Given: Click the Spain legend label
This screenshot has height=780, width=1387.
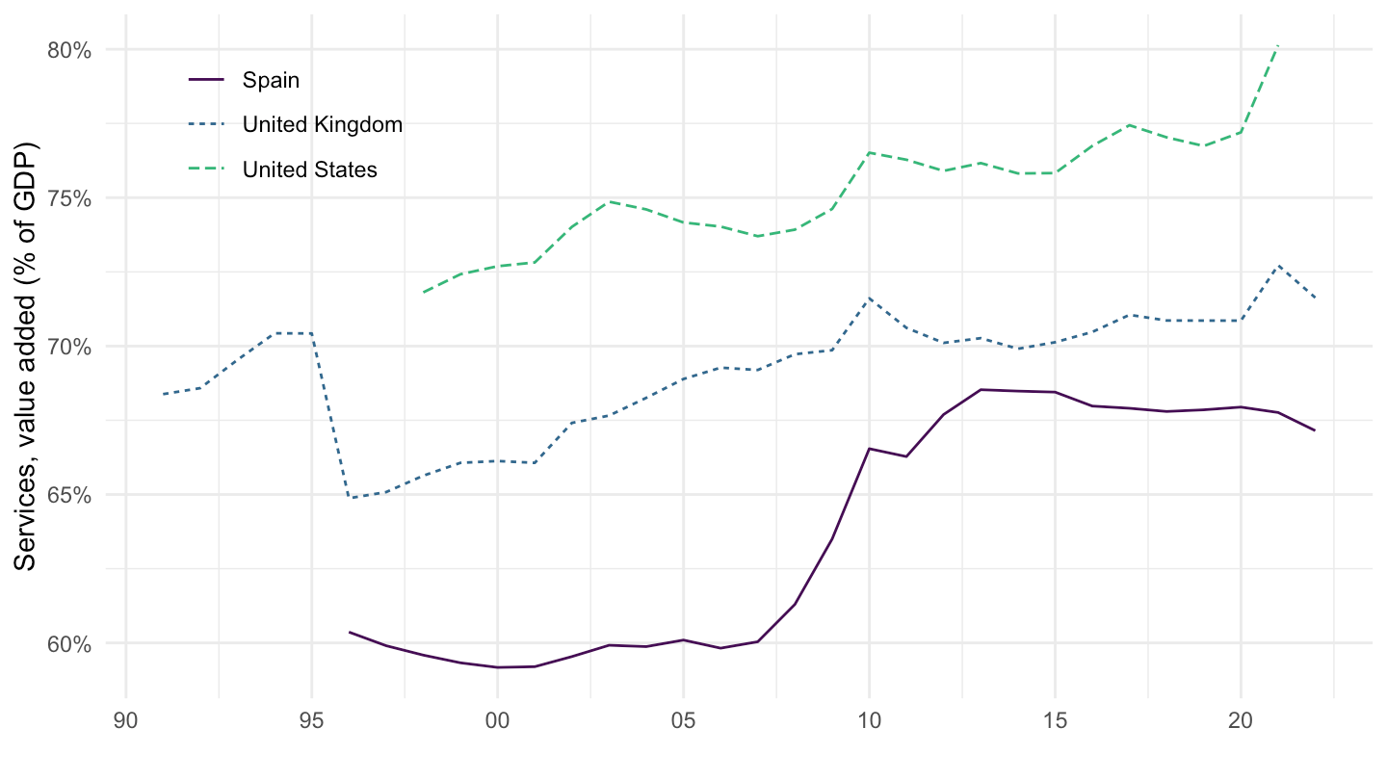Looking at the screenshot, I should pos(271,80).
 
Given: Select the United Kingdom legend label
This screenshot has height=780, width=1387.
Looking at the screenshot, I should pos(322,124).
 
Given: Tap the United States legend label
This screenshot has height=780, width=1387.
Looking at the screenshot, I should pos(309,169).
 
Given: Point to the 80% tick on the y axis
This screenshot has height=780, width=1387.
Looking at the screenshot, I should pos(68,50).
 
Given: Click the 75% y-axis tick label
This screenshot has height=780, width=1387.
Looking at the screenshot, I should pos(68,198).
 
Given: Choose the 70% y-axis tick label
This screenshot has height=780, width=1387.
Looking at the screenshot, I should pos(68,347).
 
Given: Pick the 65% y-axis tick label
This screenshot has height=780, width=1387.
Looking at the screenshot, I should pos(68,495).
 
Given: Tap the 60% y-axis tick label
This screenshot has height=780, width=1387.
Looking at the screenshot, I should pos(68,643).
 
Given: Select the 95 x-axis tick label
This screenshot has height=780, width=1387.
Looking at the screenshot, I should pos(312,719).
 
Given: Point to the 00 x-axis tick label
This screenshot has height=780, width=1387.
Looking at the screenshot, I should pos(498,719).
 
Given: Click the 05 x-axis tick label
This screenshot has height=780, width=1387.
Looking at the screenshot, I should pos(683,719).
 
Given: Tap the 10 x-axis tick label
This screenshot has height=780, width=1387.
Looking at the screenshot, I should pos(869,719).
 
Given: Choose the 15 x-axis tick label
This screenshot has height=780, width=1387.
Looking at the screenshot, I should pos(1055,719).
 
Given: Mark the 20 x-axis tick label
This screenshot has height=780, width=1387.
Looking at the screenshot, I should pos(1241,719).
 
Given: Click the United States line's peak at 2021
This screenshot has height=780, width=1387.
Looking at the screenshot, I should pos(1277,46).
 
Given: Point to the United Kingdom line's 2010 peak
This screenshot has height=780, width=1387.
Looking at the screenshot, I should pos(869,299).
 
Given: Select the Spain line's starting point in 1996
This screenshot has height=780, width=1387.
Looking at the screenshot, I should pos(350,632).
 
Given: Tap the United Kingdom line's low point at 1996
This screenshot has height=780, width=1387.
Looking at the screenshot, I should pos(350,498).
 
